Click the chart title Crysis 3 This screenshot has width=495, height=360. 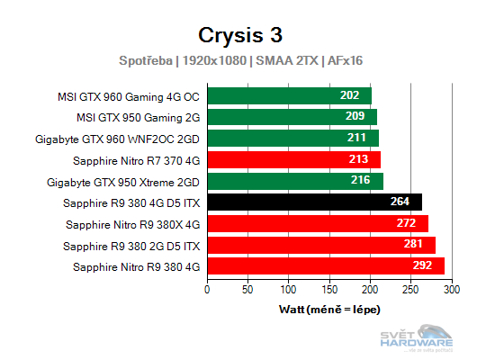click(x=240, y=34)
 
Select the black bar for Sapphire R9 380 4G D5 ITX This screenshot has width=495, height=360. click(x=314, y=202)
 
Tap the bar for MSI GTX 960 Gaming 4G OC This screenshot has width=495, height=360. click(x=289, y=95)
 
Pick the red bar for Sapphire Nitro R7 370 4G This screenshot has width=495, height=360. click(x=293, y=159)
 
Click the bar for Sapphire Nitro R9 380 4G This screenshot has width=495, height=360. click(x=326, y=265)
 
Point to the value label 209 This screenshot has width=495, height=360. click(x=356, y=117)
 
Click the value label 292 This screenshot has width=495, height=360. click(x=424, y=265)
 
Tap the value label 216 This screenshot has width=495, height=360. click(x=362, y=181)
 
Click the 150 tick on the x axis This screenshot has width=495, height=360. click(x=329, y=290)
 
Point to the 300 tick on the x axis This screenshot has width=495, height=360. click(x=451, y=290)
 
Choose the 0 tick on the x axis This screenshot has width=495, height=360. click(x=208, y=290)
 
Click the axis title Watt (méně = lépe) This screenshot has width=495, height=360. click(x=329, y=310)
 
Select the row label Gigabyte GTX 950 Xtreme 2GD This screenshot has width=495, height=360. click(x=134, y=181)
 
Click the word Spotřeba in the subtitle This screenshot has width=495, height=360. click(x=148, y=60)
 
